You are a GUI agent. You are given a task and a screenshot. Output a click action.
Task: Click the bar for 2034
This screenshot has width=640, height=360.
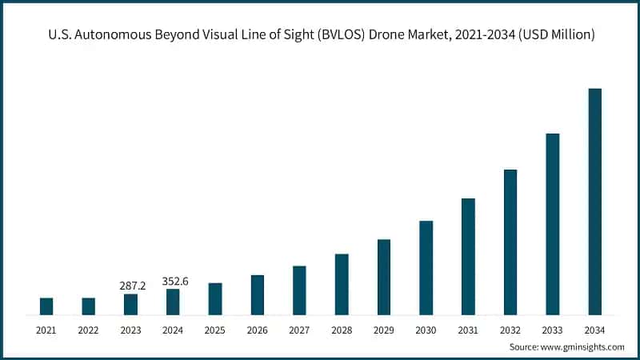pyautogui.click(x=594, y=202)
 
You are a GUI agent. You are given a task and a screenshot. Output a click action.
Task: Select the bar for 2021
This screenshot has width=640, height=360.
pyautogui.click(x=46, y=306)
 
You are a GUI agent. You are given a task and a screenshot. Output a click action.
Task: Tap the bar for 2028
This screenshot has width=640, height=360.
pyautogui.click(x=342, y=284)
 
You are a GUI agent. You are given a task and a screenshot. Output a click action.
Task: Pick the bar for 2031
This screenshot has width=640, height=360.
pyautogui.click(x=468, y=256)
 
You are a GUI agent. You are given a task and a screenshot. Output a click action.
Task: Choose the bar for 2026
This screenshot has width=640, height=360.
pyautogui.click(x=257, y=294)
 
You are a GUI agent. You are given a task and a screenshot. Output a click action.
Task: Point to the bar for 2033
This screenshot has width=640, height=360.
pyautogui.click(x=552, y=224)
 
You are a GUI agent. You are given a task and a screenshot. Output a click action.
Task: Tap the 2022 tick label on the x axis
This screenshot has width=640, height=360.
pyautogui.click(x=89, y=330)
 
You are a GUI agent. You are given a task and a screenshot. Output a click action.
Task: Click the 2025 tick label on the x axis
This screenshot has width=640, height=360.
pyautogui.click(x=215, y=330)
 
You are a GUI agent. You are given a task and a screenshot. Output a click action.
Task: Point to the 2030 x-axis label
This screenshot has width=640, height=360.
pyautogui.click(x=426, y=330)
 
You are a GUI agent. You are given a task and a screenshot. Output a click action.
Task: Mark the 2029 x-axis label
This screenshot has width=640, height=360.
pyautogui.click(x=384, y=330)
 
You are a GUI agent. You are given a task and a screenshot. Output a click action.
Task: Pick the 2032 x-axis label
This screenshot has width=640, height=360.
pyautogui.click(x=510, y=330)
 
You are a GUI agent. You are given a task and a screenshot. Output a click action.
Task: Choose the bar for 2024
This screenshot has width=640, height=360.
pyautogui.click(x=173, y=302)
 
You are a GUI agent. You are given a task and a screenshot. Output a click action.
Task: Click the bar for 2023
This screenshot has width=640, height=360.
pyautogui.click(x=130, y=304)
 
